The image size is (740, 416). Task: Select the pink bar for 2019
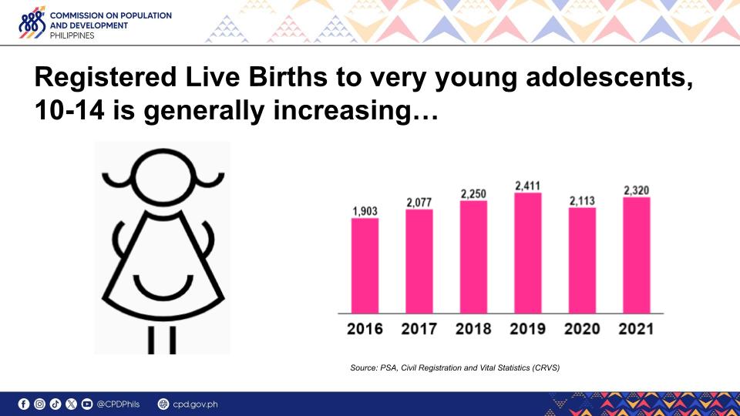pyautogui.click(x=527, y=253)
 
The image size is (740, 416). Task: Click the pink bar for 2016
pyautogui.click(x=365, y=266)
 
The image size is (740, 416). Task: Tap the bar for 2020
pyautogui.click(x=582, y=260)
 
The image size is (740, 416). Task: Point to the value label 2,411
pyautogui.click(x=527, y=186)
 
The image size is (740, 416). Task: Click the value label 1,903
pyautogui.click(x=365, y=211)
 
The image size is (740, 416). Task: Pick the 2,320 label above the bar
pyautogui.click(x=636, y=190)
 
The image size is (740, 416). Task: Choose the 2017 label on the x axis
pyautogui.click(x=419, y=329)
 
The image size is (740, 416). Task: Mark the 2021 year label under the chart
pyautogui.click(x=636, y=329)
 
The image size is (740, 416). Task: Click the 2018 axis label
pyautogui.click(x=473, y=329)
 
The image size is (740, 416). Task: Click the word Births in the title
pyautogui.click(x=288, y=77)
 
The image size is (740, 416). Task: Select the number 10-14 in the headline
pyautogui.click(x=69, y=111)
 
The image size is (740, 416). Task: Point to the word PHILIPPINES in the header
pyautogui.click(x=72, y=35)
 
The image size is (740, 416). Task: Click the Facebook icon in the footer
pyautogui.click(x=24, y=404)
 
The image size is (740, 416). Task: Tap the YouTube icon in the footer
pyautogui.click(x=87, y=404)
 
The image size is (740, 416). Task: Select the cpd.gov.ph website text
pyautogui.click(x=195, y=404)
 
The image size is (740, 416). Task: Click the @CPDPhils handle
pyautogui.click(x=118, y=404)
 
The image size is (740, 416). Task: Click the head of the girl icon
pyautogui.click(x=163, y=177)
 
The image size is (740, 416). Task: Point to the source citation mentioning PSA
pyautogui.click(x=455, y=367)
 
